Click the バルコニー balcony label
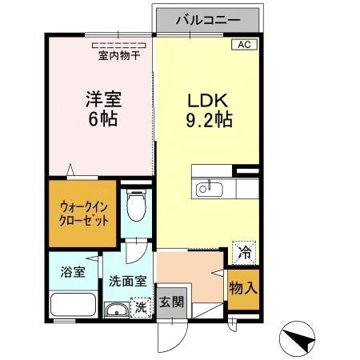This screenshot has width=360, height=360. point(208,18)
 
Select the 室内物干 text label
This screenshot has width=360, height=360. point(119,56)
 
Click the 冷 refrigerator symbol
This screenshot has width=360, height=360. point(242,251)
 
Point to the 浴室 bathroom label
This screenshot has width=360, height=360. point(73,271)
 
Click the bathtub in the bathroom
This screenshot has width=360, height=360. point(74,305)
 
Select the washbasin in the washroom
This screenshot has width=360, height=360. point(118,311)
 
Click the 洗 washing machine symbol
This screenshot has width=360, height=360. point(140,306)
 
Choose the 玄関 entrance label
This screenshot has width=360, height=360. point(169,302)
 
